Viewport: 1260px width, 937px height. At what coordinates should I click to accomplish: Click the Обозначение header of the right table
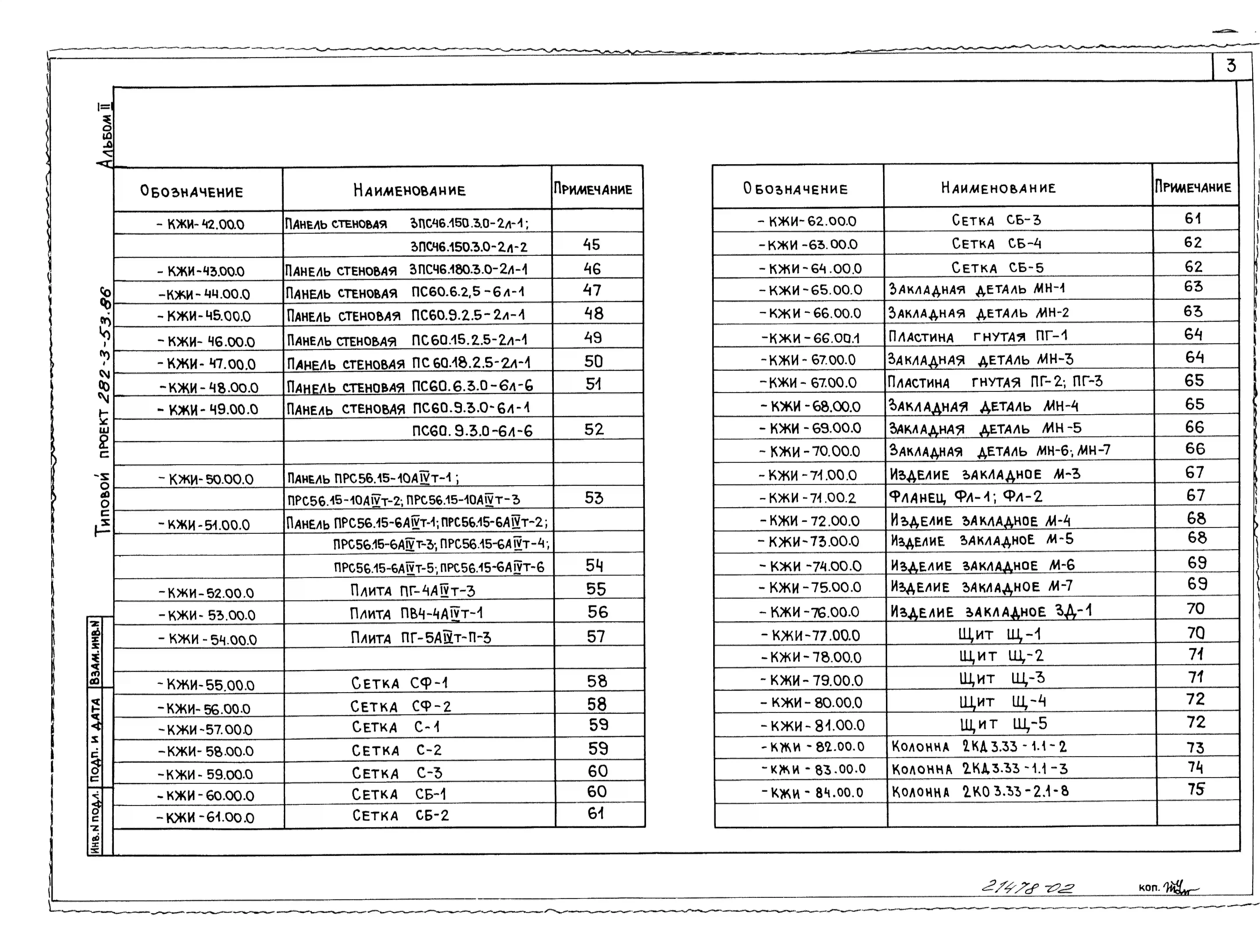(795, 188)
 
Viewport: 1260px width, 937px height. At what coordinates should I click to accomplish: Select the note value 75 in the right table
(1196, 789)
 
